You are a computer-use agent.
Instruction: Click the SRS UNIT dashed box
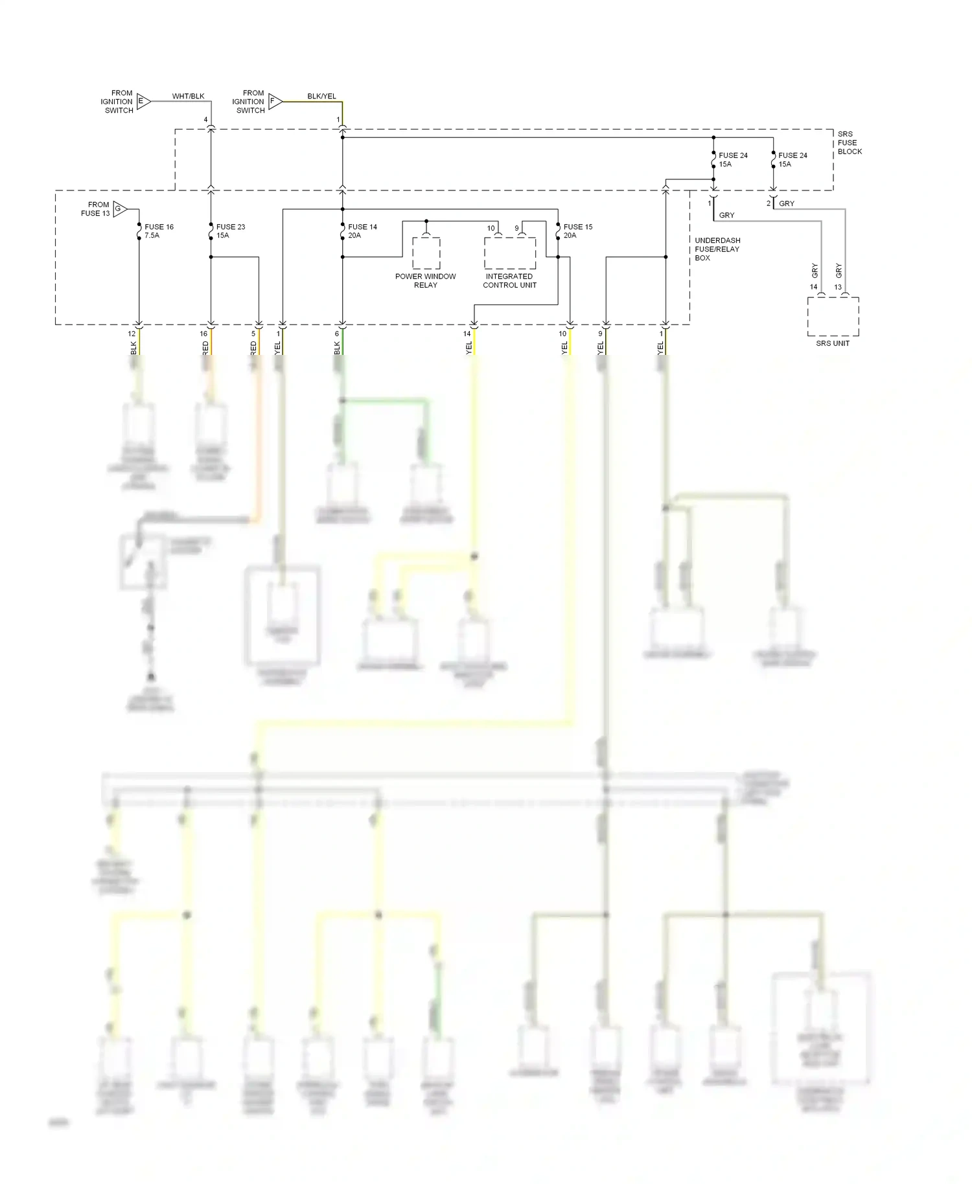pyautogui.click(x=833, y=316)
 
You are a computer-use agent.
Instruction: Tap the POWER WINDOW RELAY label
pyautogui.click(x=425, y=280)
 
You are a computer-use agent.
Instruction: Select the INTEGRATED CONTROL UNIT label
pyautogui.click(x=509, y=280)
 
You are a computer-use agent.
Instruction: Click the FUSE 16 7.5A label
pyautogui.click(x=158, y=231)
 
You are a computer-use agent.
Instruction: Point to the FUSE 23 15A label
pyautogui.click(x=230, y=231)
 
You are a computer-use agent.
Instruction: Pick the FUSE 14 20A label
pyautogui.click(x=362, y=231)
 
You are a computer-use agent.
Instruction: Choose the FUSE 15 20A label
pyautogui.click(x=577, y=231)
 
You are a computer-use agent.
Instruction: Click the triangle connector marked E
pyautogui.click(x=143, y=101)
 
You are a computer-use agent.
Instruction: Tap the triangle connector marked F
pyautogui.click(x=275, y=101)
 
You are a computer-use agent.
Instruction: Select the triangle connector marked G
pyautogui.click(x=119, y=209)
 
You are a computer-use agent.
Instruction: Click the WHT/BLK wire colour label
pyautogui.click(x=188, y=96)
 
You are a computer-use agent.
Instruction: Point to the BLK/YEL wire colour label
pyautogui.click(x=321, y=96)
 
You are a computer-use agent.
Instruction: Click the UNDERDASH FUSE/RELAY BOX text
pyautogui.click(x=717, y=249)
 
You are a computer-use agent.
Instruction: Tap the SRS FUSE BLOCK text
pyautogui.click(x=849, y=142)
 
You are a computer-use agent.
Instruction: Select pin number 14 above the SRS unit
pyautogui.click(x=813, y=287)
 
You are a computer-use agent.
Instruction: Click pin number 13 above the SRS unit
pyautogui.click(x=838, y=287)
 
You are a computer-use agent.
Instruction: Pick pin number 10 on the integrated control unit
pyautogui.click(x=491, y=228)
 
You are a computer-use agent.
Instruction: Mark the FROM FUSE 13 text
pyautogui.click(x=95, y=209)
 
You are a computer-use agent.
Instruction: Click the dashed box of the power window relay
pyautogui.click(x=426, y=253)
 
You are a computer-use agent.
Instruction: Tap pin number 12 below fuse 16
pyautogui.click(x=132, y=334)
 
